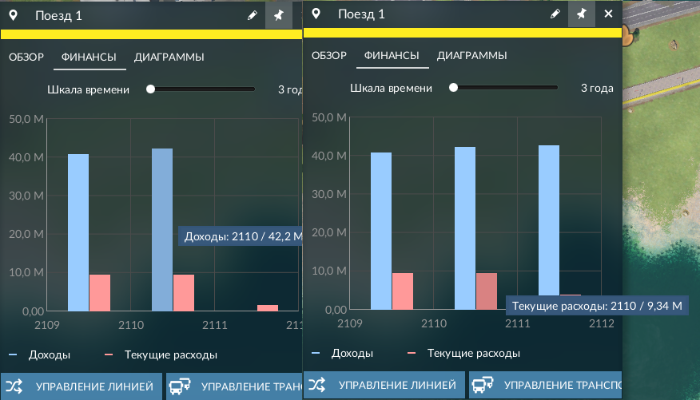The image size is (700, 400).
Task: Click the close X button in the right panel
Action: (x=608, y=14)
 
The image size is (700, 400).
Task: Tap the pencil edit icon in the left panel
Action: (x=253, y=16)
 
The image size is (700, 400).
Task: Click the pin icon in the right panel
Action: (x=581, y=14)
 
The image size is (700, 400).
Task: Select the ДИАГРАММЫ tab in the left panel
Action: (x=169, y=57)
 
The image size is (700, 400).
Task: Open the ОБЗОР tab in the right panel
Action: (x=329, y=55)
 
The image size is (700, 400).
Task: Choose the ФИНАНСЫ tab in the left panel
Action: (x=89, y=57)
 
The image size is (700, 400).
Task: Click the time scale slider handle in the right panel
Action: (x=454, y=87)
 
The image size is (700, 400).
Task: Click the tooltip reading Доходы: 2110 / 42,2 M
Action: (x=241, y=236)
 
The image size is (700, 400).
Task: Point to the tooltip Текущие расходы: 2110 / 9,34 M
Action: (x=597, y=306)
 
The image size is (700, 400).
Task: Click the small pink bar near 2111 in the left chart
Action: (x=268, y=307)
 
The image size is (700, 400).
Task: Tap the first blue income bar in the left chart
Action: (x=78, y=232)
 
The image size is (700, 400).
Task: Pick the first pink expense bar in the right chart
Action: (x=403, y=291)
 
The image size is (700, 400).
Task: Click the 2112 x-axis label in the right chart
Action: (x=602, y=323)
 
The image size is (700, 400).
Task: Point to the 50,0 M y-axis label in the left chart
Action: (x=26, y=119)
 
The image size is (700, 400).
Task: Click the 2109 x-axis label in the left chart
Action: (x=47, y=325)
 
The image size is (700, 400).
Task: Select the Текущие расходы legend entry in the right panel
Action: (x=463, y=353)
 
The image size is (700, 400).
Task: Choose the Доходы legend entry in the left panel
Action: (x=39, y=355)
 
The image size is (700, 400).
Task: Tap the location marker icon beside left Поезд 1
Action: (x=14, y=16)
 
